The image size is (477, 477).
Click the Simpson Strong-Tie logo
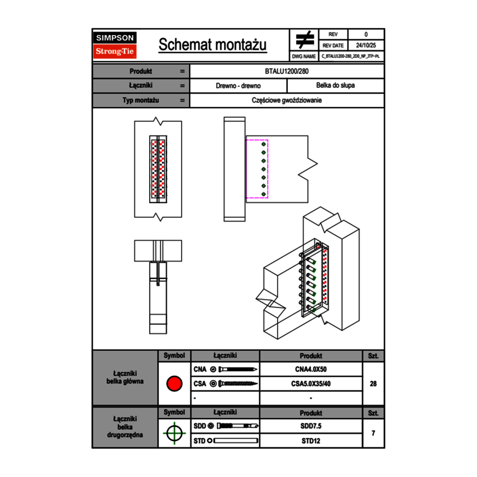pyautogui.click(x=115, y=45)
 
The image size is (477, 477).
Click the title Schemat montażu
pyautogui.click(x=212, y=45)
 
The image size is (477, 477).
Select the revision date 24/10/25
pyautogui.click(x=366, y=46)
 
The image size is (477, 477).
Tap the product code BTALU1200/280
pyautogui.click(x=287, y=71)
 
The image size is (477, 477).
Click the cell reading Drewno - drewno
pyautogui.click(x=238, y=86)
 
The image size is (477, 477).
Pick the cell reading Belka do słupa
pyautogui.click(x=336, y=86)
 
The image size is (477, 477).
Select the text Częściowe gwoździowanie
pyautogui.click(x=287, y=100)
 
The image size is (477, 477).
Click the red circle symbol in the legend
pyautogui.click(x=174, y=384)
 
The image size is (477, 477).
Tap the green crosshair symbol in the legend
pyautogui.click(x=174, y=433)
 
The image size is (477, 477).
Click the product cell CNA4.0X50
pyautogui.click(x=311, y=369)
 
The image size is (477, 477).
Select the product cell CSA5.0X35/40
pyautogui.click(x=311, y=384)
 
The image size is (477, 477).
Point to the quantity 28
pyautogui.click(x=373, y=384)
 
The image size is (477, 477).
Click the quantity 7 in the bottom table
pyautogui.click(x=373, y=433)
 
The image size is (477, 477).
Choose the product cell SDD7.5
pyautogui.click(x=311, y=426)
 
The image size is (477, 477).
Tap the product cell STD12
pyautogui.click(x=311, y=441)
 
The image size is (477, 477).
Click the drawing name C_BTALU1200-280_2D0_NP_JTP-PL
pyautogui.click(x=351, y=56)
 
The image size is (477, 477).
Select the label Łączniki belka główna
pyautogui.click(x=125, y=377)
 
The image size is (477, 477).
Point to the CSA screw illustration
pyautogui.click(x=236, y=384)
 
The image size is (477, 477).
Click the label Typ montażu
pyautogui.click(x=140, y=100)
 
